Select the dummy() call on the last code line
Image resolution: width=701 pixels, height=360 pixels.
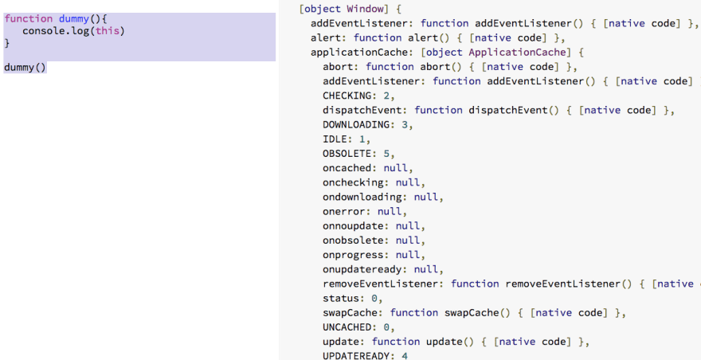25,67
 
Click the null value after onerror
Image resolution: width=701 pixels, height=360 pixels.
390,212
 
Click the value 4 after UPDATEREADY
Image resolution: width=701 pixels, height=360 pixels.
403,356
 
